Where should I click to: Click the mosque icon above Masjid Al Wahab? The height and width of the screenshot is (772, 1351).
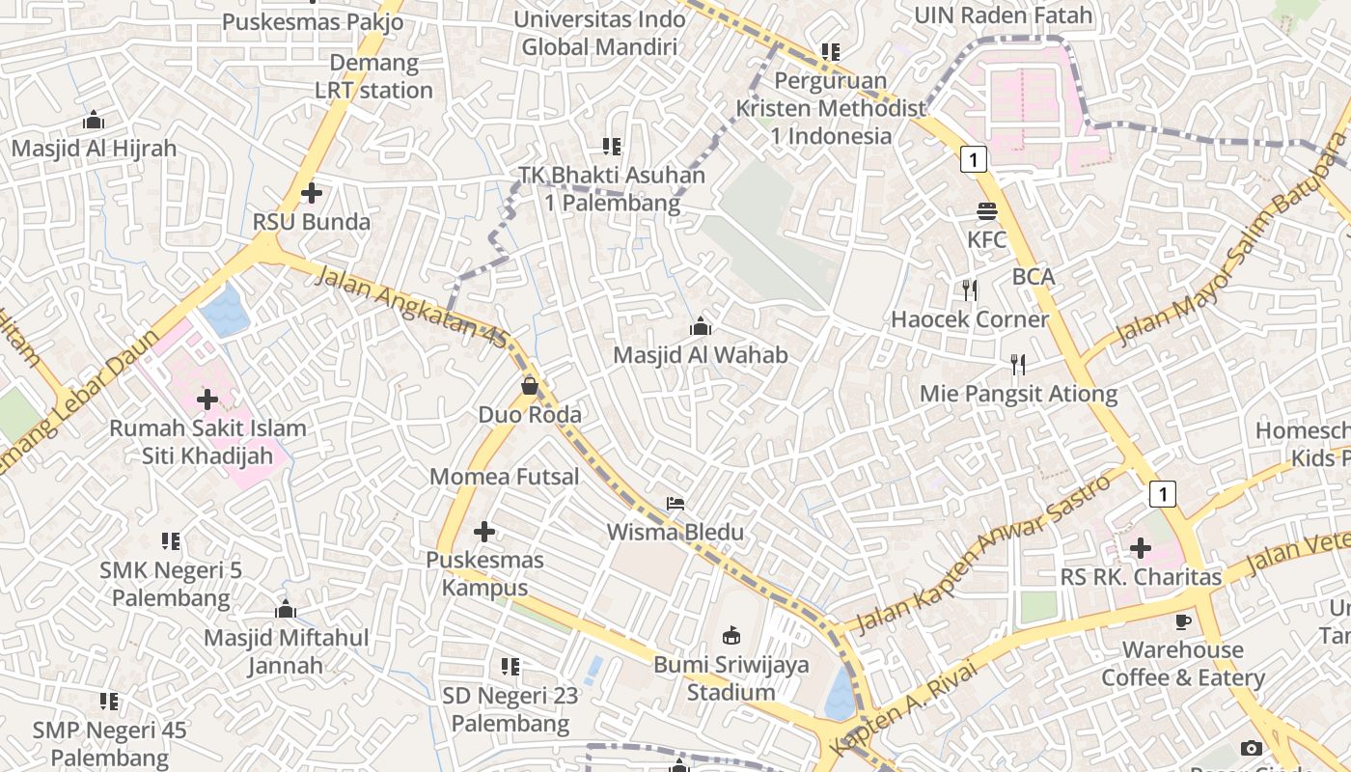[x=701, y=327]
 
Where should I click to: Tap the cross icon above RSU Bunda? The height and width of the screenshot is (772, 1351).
[x=311, y=193]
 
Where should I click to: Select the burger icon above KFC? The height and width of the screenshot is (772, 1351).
[x=986, y=210]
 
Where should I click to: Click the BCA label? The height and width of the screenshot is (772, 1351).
[x=1034, y=277]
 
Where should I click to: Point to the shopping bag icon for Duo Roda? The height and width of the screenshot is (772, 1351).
[x=530, y=386]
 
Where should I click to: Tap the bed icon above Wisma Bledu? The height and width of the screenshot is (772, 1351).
[x=675, y=504]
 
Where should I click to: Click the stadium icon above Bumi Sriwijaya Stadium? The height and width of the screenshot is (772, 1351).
[x=731, y=635]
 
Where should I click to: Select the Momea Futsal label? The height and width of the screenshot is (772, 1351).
[x=504, y=476]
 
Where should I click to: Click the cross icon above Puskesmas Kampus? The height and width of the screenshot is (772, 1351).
[x=484, y=531]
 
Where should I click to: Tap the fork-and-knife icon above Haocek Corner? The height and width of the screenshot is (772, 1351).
[x=970, y=289]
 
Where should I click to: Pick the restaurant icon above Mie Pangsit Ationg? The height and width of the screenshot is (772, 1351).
[x=1018, y=364]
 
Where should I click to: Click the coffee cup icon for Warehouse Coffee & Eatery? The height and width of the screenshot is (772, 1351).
[x=1183, y=620]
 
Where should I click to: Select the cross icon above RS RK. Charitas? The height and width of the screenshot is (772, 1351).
[x=1140, y=548]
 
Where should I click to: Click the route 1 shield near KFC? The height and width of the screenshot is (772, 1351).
[x=974, y=159]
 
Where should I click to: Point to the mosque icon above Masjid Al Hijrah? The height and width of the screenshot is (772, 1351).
[x=94, y=120]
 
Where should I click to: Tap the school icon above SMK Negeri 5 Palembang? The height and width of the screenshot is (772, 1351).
[x=171, y=540]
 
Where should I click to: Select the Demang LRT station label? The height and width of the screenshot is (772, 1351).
[x=373, y=77]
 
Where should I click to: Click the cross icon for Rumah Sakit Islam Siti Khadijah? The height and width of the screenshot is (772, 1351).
[x=207, y=399]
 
